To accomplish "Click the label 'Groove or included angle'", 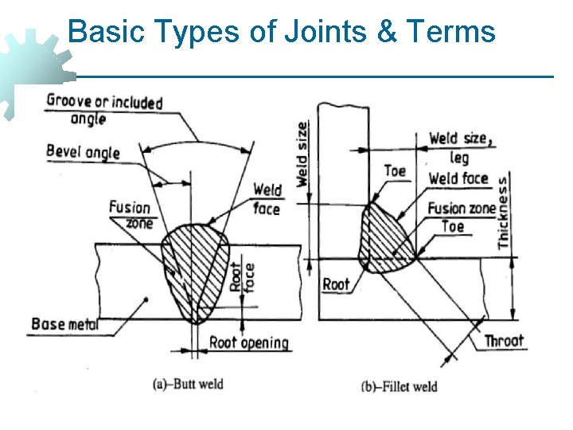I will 103,109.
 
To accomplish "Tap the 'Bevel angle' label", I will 83,151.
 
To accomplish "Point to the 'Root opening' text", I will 248,343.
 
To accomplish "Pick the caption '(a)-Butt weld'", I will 188,384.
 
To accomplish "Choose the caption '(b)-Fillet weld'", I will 400,387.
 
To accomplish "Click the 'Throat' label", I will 504,341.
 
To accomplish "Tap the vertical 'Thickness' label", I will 503,213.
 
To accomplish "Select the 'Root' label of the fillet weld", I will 336,284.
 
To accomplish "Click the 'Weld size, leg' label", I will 461,147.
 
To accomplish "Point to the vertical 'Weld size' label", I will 302,154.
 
